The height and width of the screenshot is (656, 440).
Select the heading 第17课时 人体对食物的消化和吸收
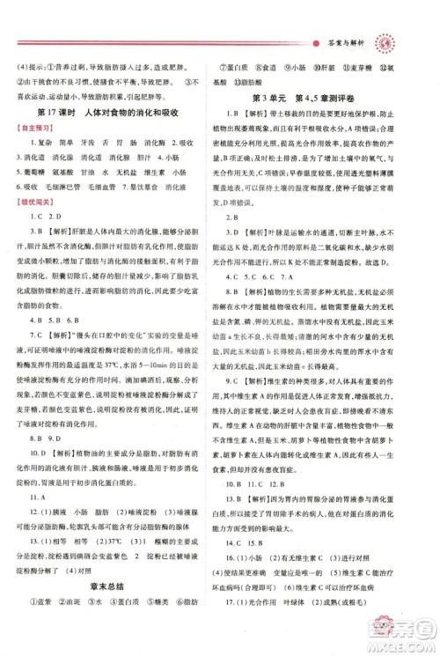(x=111, y=114)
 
